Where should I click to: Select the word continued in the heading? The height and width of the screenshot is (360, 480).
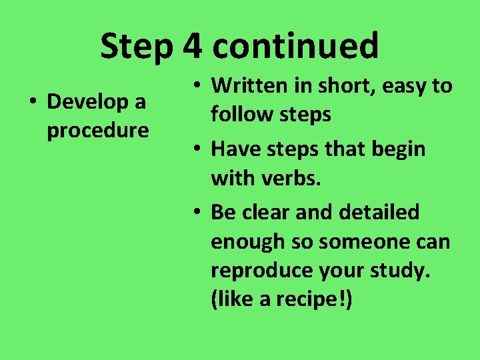pos(295,47)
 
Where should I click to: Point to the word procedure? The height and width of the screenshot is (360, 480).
pos(97,131)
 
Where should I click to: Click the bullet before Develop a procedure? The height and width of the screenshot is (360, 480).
pos(31,103)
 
